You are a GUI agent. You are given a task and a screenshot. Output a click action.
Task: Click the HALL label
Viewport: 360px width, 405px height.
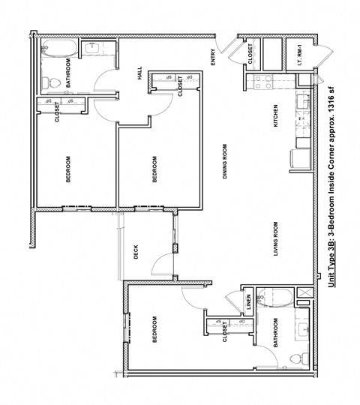[139, 73]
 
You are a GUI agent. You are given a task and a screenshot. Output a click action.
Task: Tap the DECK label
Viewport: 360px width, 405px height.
[136, 253]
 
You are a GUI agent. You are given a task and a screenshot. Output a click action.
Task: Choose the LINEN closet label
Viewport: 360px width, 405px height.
[248, 303]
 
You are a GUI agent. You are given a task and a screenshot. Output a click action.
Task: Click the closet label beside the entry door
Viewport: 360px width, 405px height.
[250, 53]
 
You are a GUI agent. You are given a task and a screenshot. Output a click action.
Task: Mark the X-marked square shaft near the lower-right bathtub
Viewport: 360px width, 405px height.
[303, 293]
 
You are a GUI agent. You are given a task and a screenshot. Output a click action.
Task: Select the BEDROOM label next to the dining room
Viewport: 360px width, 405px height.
[154, 169]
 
